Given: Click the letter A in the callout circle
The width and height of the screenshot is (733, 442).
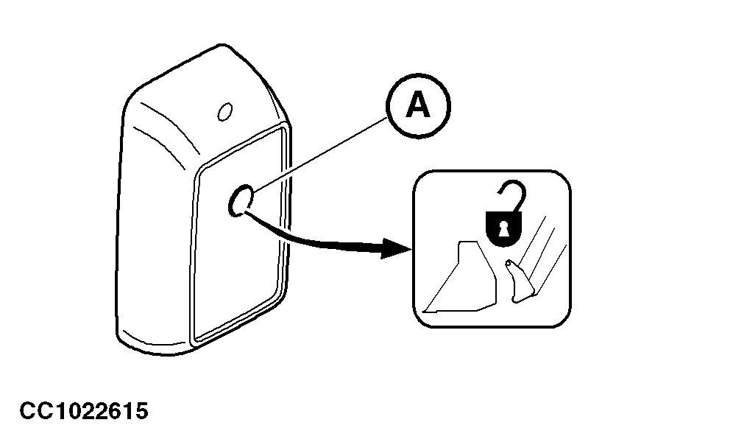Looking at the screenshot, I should pyautogui.click(x=417, y=107).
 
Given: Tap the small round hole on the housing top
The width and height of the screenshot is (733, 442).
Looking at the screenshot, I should pyautogui.click(x=225, y=110).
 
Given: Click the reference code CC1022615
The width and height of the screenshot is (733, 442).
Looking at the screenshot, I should pyautogui.click(x=84, y=411).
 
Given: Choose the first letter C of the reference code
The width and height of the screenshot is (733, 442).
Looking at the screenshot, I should pyautogui.click(x=27, y=411).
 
